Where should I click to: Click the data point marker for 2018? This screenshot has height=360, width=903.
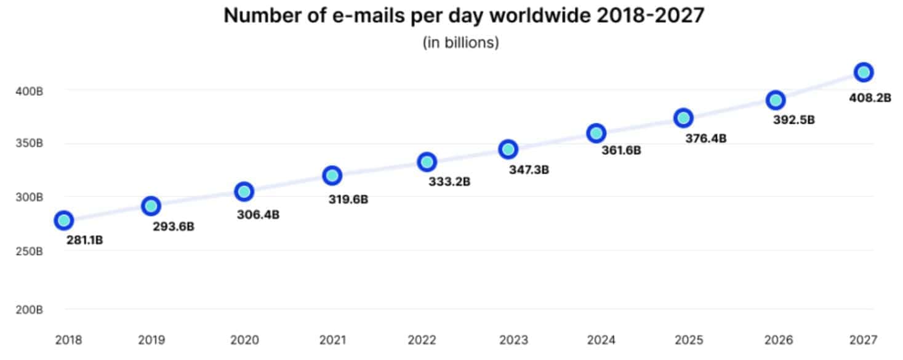click(63, 220)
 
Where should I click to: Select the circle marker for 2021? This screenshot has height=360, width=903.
click(332, 175)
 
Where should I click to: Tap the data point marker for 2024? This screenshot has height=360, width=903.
click(596, 133)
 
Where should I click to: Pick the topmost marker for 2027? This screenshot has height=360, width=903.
click(864, 72)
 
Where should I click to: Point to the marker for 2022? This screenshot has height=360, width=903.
click(427, 162)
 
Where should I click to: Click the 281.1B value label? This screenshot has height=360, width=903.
click(84, 240)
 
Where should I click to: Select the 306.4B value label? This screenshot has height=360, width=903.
click(258, 215)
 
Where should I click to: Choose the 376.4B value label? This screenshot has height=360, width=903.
click(705, 138)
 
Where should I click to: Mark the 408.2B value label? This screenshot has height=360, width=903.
click(870, 97)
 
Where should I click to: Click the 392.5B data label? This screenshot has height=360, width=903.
click(793, 120)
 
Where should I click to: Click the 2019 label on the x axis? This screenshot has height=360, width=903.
click(151, 339)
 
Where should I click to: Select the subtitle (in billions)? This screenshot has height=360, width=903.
click(460, 43)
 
